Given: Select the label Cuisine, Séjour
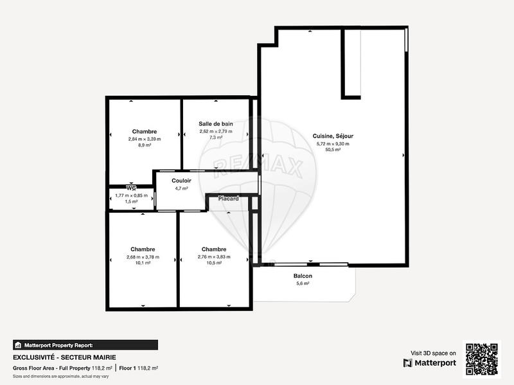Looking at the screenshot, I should pos(333,136).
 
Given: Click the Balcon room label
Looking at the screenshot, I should pos(303,276).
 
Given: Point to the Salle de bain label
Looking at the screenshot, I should pos(216,123).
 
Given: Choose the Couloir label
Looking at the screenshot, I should pos(181,181).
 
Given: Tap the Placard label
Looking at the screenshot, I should pos(229,199).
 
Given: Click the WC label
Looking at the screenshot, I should pos(132,188).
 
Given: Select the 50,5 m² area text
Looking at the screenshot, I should pos(333,151).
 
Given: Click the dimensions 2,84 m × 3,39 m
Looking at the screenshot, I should pos(145,139).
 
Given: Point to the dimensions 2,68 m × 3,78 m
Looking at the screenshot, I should pos(143,256).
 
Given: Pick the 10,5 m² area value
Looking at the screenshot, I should pos(214,264).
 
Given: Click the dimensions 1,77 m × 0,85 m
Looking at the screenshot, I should pos(130,195).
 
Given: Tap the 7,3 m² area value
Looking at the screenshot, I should pos(216,138).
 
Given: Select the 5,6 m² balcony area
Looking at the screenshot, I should pos(303,283).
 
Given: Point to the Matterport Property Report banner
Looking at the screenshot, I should pos(85,345).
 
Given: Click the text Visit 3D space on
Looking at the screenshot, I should pos(433,353).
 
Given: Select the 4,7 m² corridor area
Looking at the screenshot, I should pos(181,188).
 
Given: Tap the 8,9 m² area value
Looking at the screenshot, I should pos(145,146).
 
